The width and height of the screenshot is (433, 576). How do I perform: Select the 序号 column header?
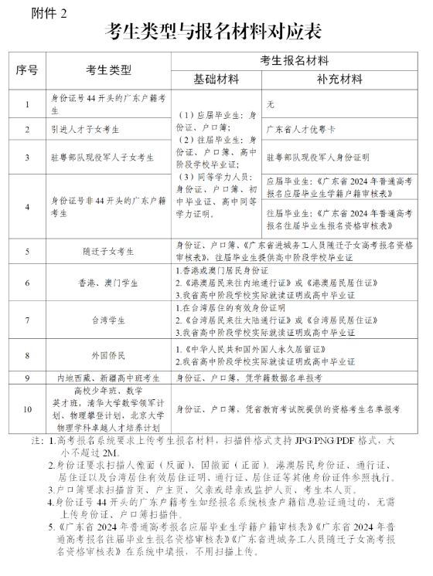[27, 70]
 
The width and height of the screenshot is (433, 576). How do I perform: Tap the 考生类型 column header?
[109, 70]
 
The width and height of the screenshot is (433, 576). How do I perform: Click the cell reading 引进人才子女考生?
[88, 130]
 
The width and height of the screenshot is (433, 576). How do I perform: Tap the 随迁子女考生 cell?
[109, 252]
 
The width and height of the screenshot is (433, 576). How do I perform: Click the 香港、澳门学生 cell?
[109, 283]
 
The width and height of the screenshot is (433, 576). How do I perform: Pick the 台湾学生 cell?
[109, 319]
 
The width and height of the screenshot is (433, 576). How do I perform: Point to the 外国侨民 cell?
[109, 355]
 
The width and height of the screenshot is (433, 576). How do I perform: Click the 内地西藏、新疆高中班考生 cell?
[109, 378]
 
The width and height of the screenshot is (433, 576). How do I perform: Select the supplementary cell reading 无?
[270, 103]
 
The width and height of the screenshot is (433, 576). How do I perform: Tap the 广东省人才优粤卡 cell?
[300, 130]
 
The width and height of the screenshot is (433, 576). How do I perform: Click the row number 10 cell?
[27, 409]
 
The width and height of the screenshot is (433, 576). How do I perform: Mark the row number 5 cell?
[27, 252]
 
